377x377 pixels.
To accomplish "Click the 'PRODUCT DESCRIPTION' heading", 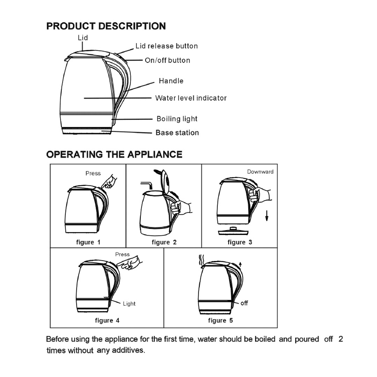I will click(106, 26).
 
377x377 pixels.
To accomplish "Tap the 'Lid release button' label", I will click(167, 46).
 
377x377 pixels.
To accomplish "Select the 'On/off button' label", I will click(168, 60).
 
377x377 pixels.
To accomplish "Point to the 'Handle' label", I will click(171, 81).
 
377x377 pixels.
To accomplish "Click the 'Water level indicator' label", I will click(191, 98).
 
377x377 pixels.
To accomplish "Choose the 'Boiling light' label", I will click(177, 119).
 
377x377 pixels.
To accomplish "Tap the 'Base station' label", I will click(177, 133).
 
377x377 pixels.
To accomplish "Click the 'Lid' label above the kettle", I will click(83, 38).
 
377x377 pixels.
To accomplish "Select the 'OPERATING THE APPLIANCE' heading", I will click(114, 154).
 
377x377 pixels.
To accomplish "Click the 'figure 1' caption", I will click(88, 242).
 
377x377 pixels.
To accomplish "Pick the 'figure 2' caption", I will click(164, 242).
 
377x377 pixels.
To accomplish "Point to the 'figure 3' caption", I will click(240, 242).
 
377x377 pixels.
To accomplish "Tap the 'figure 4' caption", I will click(107, 320).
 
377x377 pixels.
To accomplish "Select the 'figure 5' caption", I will click(220, 320).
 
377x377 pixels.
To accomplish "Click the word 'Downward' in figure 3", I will click(260, 172).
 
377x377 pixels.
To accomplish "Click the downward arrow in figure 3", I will click(267, 215).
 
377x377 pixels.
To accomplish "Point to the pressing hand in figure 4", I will click(131, 263).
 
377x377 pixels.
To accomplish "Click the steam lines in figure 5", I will click(201, 260).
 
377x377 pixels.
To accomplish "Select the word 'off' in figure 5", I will click(244, 303).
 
